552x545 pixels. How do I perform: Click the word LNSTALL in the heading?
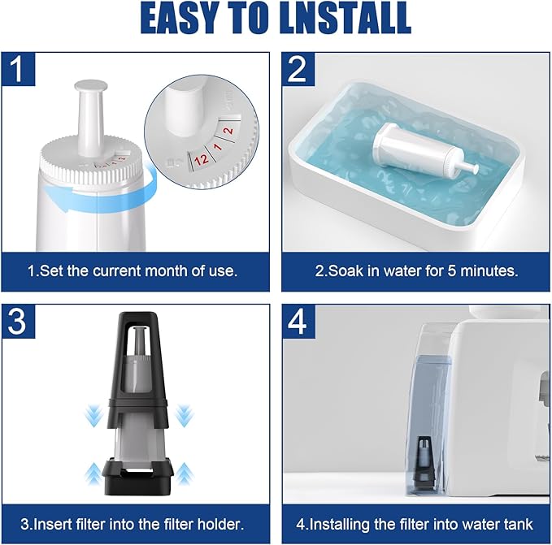345,19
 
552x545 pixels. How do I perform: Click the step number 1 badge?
19,69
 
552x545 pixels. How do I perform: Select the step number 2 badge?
298,69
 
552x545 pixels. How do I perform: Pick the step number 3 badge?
19,321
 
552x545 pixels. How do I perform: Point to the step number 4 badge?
298,321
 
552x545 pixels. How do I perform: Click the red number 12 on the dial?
201,159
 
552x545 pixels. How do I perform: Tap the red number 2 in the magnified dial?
228,131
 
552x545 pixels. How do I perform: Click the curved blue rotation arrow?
102,194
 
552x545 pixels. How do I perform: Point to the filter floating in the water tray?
425,151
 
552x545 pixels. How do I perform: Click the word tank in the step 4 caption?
518,524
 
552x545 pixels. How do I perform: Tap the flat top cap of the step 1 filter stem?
90,84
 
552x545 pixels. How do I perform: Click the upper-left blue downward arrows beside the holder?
93,415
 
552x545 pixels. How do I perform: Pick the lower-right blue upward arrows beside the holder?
184,474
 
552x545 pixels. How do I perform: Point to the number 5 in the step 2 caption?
452,271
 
